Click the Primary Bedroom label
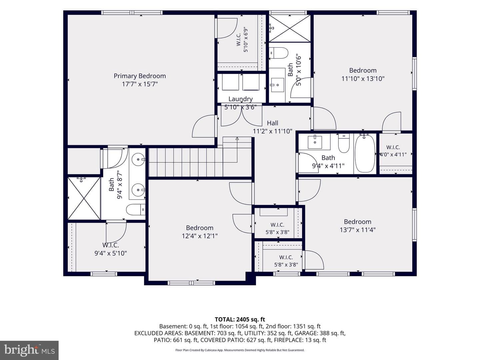pos(140,76)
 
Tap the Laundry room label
pos(240,99)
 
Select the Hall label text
pos(272,123)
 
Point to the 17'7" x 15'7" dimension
pos(140,84)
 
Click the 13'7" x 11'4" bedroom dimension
pos(358,230)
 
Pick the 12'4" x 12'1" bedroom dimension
pos(200,236)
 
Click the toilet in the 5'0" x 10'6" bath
pos(278,53)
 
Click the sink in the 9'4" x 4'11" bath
pos(315,142)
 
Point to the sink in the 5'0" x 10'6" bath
pos(277,85)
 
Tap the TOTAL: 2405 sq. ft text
pos(240,319)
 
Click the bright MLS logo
pos(29,350)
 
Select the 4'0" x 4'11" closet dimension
pos(393,155)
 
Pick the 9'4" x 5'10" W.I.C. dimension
pos(111,253)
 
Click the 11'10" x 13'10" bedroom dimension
pos(363,78)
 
